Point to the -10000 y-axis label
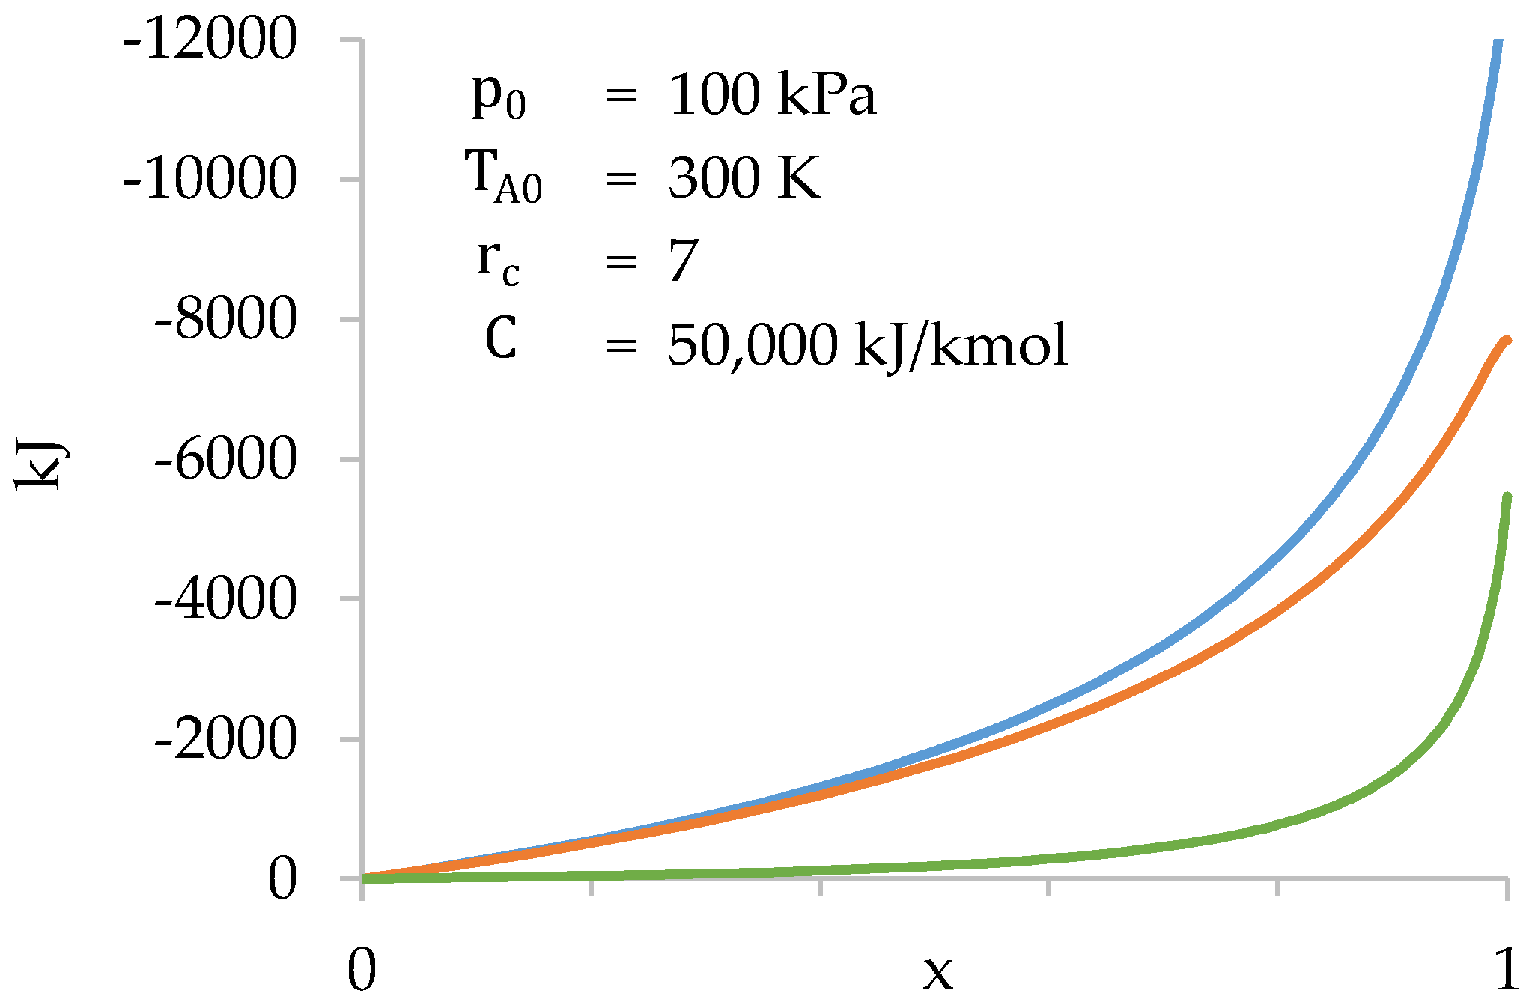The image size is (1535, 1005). pos(210,179)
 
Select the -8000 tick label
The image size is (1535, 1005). pos(225,319)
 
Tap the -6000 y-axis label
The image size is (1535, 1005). pos(225,459)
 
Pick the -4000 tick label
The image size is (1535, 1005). pos(225,599)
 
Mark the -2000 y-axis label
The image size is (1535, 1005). pos(225,739)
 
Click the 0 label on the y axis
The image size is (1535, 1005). pos(282,878)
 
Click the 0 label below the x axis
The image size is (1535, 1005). pos(362,971)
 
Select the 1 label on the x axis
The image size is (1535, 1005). pos(1507,971)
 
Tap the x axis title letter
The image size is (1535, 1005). pos(937,974)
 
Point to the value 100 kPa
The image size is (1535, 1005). pos(771,95)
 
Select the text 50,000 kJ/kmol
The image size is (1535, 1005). pos(867,345)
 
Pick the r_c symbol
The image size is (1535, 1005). pos(498,262)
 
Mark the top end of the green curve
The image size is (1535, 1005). pos(1507,497)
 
